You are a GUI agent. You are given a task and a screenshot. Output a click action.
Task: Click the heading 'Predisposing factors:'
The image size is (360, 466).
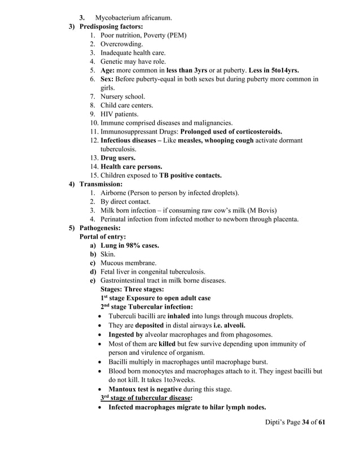tap(111, 27)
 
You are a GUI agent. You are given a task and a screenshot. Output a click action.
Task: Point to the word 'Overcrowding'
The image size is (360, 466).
tap(121, 44)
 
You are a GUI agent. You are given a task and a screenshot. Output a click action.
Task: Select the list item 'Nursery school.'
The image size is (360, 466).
tap(122, 96)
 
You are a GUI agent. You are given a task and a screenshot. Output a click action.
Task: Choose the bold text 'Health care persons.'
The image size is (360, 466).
tap(131, 166)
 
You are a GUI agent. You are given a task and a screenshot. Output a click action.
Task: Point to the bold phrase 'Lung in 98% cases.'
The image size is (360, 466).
tap(129, 245)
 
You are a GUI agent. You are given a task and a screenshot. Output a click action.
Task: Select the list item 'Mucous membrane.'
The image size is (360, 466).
tap(129, 263)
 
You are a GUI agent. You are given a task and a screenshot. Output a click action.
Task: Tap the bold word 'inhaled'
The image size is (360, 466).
tap(180, 316)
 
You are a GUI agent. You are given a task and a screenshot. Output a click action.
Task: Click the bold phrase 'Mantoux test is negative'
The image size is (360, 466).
tap(145, 389)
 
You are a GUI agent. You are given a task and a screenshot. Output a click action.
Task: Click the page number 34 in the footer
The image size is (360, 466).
tap(306, 437)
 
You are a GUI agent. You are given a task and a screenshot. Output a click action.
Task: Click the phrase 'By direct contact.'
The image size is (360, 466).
tap(125, 201)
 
